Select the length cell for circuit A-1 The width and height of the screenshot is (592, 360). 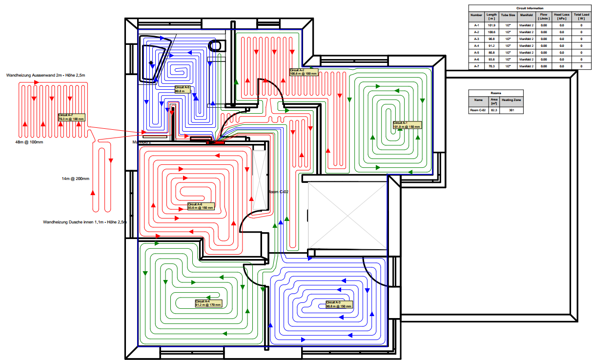(x=491, y=25)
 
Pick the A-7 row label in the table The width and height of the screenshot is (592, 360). (x=477, y=66)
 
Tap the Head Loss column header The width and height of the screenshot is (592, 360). (x=562, y=17)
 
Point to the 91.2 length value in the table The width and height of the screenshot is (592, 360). (x=491, y=45)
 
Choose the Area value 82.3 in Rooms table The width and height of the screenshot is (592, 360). (x=493, y=110)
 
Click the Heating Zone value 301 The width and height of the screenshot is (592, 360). (x=511, y=110)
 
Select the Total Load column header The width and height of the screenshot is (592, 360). (x=581, y=17)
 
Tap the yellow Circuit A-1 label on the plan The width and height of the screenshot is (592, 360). (x=407, y=125)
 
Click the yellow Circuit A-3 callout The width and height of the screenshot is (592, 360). (x=339, y=304)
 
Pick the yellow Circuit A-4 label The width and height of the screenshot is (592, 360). (x=208, y=303)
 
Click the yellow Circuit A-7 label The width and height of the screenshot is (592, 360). (x=71, y=117)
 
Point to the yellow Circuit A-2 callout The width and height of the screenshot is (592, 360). (x=304, y=72)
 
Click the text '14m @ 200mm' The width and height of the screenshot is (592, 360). (x=76, y=179)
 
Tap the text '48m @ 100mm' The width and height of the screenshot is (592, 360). (x=29, y=142)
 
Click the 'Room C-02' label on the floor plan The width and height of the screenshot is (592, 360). (x=279, y=192)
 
